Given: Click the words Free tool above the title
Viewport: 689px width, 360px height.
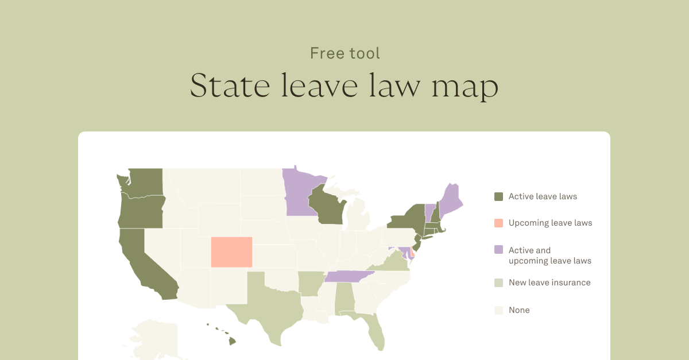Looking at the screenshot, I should (x=344, y=53).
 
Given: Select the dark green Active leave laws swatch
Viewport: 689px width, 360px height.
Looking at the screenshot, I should (x=498, y=197).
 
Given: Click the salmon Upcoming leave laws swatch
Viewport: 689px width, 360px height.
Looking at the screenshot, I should (x=498, y=223).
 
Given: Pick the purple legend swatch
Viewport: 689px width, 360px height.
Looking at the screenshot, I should (x=498, y=250).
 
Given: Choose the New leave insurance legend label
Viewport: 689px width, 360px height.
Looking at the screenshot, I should (x=549, y=282).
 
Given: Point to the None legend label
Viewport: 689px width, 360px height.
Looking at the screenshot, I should (x=519, y=310).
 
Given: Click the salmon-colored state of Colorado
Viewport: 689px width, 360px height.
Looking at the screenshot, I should (x=231, y=252).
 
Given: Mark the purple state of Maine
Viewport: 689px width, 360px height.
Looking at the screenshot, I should (x=450, y=200).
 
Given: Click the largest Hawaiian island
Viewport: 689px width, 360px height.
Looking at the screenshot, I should (x=232, y=341).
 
